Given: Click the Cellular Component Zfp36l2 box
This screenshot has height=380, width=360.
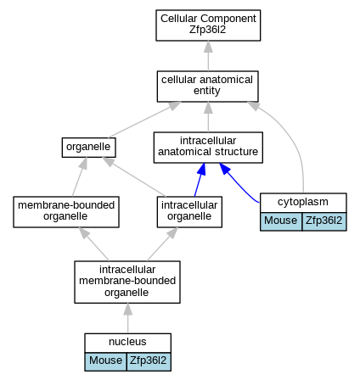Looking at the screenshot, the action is coord(208,25).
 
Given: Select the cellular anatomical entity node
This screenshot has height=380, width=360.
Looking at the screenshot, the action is coord(208,87).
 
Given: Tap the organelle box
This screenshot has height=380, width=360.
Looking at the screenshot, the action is coord(89,148).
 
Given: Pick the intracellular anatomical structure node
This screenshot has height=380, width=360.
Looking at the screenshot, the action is coord(208,148).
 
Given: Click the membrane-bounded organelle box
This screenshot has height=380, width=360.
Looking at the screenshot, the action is coord(66,212).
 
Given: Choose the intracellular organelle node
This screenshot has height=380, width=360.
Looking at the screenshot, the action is coord(189,212).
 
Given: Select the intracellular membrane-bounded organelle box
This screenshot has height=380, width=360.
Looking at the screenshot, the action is coord(127,282).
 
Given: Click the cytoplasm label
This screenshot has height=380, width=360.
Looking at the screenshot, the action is coord(303,202).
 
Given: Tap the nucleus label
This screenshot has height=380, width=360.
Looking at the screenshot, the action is coord(127,342).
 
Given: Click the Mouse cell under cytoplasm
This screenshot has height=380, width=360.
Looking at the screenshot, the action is coord(281,221).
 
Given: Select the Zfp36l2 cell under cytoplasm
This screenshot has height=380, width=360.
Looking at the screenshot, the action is coord(324,221).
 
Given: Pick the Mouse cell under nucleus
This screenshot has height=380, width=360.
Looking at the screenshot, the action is coord(105,361).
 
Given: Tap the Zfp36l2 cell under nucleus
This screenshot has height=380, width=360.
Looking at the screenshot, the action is coord(149,361).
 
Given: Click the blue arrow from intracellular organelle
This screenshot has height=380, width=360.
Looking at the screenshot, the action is coord(200,180).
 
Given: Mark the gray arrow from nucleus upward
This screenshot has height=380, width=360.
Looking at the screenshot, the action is coord(127,318).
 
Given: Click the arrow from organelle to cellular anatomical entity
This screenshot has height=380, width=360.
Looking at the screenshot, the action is coord(144,120).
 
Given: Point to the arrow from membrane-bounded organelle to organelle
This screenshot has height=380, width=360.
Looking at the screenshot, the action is coord(79,177).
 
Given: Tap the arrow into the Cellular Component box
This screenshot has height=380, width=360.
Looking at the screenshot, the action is coord(208,56).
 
